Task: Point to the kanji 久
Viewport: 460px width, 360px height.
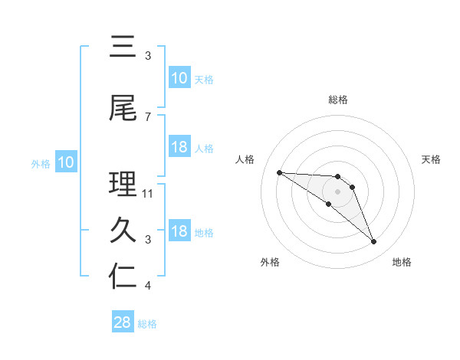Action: (123, 231)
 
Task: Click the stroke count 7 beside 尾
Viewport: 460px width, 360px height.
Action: (147, 116)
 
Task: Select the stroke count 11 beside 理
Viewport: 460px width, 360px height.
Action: (149, 194)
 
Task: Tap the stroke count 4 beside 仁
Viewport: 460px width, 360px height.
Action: (147, 286)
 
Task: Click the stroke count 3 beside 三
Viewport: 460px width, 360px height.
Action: (147, 56)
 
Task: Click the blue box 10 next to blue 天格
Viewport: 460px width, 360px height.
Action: (179, 78)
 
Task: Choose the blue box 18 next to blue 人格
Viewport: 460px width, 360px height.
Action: (179, 147)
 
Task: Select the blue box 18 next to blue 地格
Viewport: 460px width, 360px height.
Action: (179, 231)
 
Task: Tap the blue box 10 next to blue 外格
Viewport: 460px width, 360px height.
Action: (66, 162)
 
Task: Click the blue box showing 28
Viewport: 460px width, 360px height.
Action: (123, 322)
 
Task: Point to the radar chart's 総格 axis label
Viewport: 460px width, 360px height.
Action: (338, 100)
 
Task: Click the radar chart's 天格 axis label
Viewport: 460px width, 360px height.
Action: (432, 159)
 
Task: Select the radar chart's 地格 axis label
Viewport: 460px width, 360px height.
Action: (402, 262)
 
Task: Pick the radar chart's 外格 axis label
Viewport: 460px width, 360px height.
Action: (270, 262)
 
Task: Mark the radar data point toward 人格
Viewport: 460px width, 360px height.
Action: (279, 172)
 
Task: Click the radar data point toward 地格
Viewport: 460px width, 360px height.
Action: (374, 242)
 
